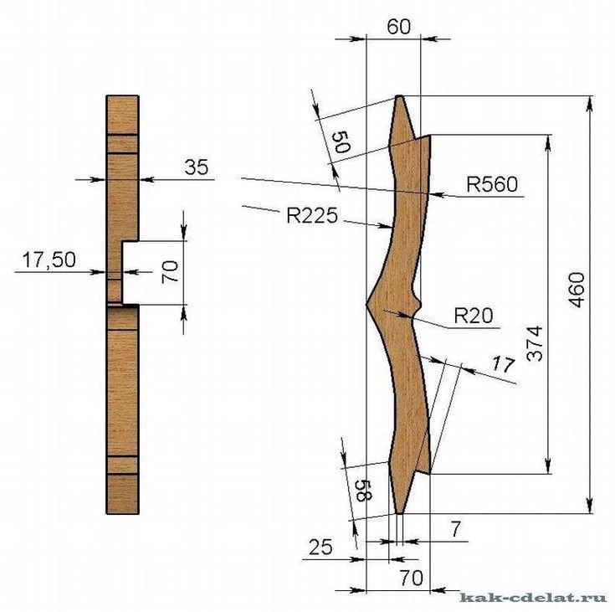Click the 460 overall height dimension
pyautogui.click(x=577, y=291)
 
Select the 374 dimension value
pyautogui.click(x=535, y=343)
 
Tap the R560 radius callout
pyautogui.click(x=492, y=184)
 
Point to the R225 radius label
pyautogui.click(x=312, y=215)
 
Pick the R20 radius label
pyautogui.click(x=474, y=316)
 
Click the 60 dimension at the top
pyautogui.click(x=398, y=27)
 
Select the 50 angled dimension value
pyautogui.click(x=341, y=142)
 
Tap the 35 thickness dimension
pyautogui.click(x=197, y=167)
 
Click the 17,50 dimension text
pyautogui.click(x=49, y=260)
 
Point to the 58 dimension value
pyautogui.click(x=363, y=491)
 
